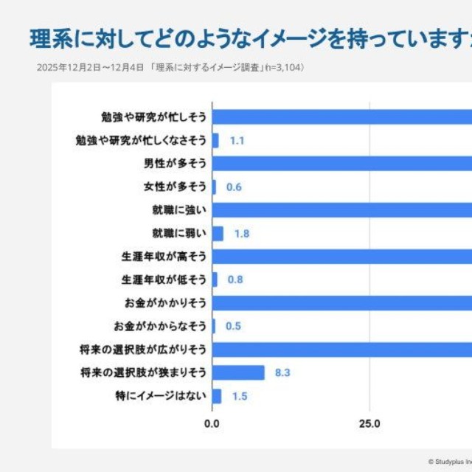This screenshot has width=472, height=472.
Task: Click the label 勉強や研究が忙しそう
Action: coord(153,117)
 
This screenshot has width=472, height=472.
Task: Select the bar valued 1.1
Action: coord(215,140)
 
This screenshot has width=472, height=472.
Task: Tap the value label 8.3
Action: coord(282,372)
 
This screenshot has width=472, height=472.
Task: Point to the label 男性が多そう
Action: coord(175,163)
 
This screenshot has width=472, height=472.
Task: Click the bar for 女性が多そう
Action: coord(214,187)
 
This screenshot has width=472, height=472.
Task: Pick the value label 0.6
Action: coord(234,187)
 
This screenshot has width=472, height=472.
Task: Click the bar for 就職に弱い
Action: coord(218,233)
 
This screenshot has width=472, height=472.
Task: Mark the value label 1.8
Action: coord(242,234)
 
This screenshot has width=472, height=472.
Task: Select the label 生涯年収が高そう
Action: coord(164,257)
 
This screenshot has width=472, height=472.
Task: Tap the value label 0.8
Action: coord(236,280)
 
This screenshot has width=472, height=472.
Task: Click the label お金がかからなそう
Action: coord(160,326)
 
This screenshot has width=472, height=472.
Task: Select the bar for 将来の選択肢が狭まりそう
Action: coord(238,372)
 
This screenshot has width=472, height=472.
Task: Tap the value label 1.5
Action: coord(240,396)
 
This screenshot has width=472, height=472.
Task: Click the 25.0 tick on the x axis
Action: coord(369,424)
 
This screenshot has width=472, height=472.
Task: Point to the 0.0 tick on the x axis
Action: coord(212,424)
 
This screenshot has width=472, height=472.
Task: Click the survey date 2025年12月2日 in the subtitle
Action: coord(65,67)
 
